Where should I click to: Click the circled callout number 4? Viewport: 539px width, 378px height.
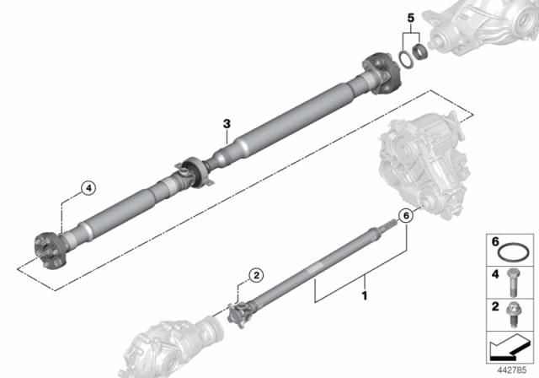point(88,188)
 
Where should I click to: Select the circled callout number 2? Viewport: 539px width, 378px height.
point(256,275)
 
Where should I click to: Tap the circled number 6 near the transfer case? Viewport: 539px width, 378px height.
point(406,216)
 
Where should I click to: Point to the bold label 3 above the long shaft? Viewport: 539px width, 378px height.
point(227,124)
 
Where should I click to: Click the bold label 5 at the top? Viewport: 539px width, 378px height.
point(411,18)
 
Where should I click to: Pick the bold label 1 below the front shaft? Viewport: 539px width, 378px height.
point(365,295)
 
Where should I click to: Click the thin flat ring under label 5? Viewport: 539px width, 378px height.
point(404,59)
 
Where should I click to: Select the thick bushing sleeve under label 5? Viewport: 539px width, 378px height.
point(419,51)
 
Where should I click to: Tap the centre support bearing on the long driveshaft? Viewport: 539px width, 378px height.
point(195,172)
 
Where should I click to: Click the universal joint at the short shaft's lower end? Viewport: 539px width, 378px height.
point(240,312)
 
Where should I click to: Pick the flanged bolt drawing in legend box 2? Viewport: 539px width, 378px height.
point(514,315)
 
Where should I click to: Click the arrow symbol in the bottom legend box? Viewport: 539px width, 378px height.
point(509,348)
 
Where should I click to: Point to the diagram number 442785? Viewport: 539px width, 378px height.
point(512,370)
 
